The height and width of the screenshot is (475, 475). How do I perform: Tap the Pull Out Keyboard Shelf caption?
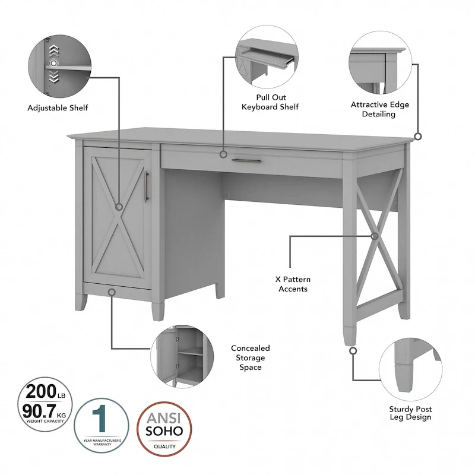pos(269,102)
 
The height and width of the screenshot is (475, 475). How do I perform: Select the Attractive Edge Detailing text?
pos(379,109)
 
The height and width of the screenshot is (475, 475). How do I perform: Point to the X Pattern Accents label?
pos(292,284)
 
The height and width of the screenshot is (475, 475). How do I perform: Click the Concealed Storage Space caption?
pos(250,357)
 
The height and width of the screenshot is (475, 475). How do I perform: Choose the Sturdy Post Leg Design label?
pos(410,413)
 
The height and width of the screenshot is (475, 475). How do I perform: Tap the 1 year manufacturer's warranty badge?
pos(101,426)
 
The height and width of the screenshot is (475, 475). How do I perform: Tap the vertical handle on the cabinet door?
pos(145,186)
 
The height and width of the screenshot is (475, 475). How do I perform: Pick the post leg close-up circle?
pos(410,368)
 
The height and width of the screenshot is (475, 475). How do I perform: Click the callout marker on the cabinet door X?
pos(119,207)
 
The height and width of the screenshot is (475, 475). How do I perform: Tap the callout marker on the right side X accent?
pos(374,236)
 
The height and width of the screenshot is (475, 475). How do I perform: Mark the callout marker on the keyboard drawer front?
pos(223,154)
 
